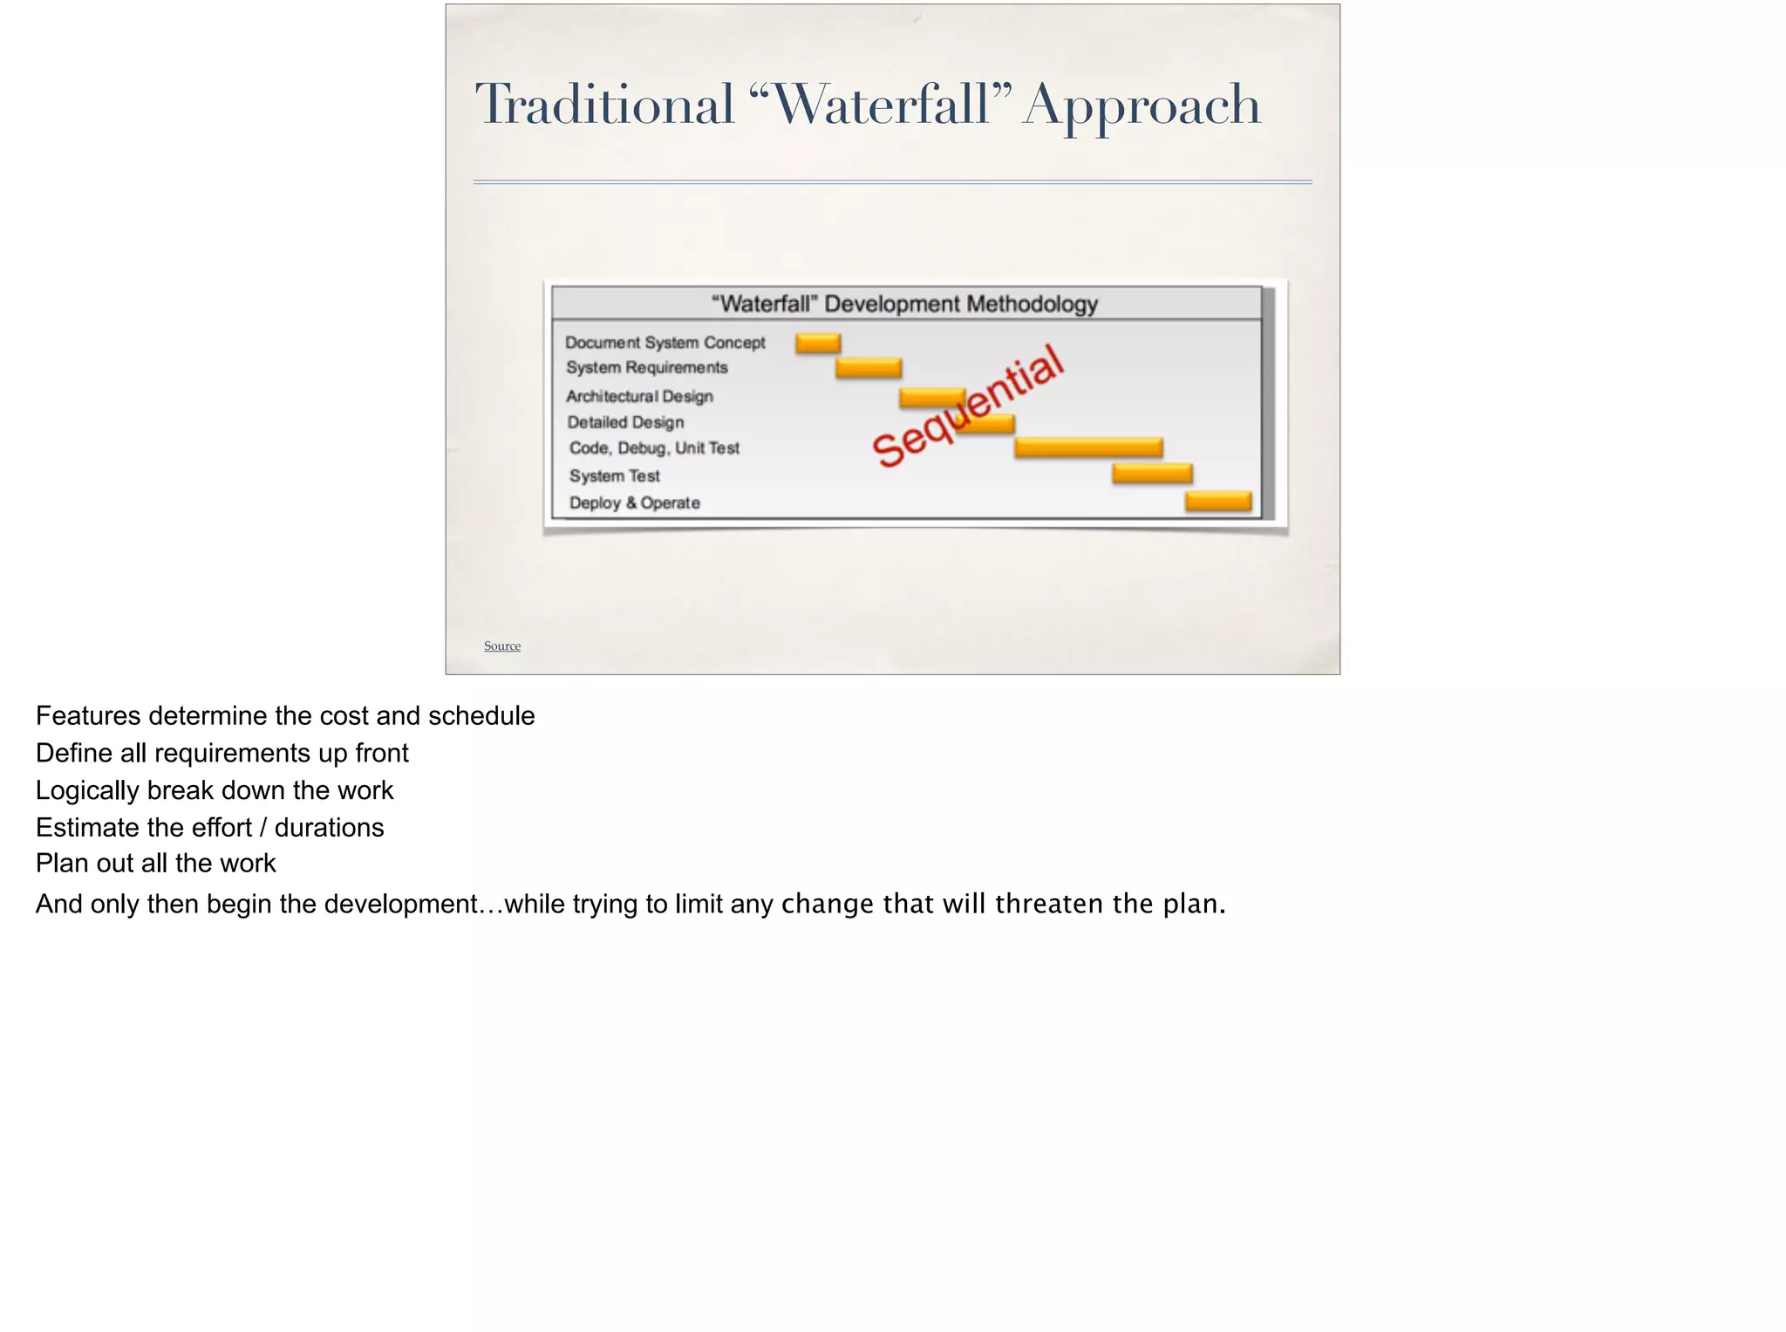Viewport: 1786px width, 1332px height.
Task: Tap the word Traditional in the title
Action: (x=605, y=105)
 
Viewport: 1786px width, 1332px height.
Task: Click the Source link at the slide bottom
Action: (x=502, y=646)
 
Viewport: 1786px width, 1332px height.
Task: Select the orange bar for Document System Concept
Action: (x=818, y=343)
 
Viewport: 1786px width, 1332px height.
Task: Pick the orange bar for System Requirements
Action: (x=869, y=368)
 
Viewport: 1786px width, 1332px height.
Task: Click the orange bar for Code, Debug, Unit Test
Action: (x=1088, y=447)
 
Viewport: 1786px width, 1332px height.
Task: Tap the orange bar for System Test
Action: (x=1152, y=474)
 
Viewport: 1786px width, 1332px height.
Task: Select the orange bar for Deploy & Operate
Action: (x=1218, y=502)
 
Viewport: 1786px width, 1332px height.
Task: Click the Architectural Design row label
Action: (x=639, y=397)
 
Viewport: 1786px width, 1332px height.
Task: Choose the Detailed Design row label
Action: (x=625, y=423)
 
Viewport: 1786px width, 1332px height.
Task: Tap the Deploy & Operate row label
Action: (x=634, y=503)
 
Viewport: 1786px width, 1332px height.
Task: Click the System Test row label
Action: (x=615, y=476)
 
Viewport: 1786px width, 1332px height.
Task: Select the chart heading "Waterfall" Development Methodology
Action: (x=904, y=304)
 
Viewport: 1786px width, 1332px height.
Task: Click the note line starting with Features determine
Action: (x=285, y=716)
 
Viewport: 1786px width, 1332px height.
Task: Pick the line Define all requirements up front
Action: (x=222, y=754)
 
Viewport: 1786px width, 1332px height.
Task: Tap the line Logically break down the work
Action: (x=215, y=791)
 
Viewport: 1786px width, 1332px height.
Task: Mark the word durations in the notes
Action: (x=329, y=828)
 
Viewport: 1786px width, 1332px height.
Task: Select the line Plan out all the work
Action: (x=156, y=864)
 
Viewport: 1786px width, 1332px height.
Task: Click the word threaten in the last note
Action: (x=1049, y=905)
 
